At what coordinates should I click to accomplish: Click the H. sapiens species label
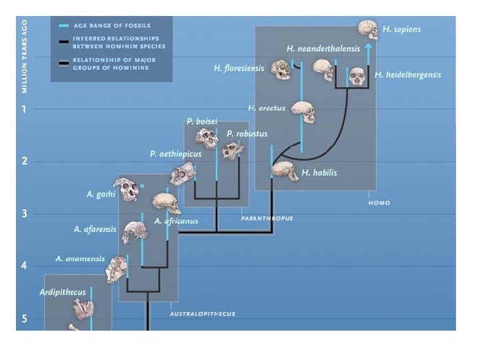tap(401, 29)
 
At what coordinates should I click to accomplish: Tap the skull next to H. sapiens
tap(367, 29)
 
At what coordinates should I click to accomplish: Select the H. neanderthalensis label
tap(323, 49)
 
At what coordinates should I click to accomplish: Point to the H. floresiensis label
tap(239, 68)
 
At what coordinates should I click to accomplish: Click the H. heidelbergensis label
tap(408, 75)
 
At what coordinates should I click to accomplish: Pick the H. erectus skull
tap(303, 111)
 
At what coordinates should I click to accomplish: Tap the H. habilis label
tap(319, 173)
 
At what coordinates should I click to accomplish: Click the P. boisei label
tap(199, 121)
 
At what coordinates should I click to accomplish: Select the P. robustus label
tap(247, 134)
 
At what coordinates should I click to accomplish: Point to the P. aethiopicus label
tap(175, 154)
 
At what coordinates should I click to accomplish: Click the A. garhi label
tap(101, 195)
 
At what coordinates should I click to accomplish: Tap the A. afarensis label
tap(95, 229)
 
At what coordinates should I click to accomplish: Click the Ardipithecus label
tap(63, 292)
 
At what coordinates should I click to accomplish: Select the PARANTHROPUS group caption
tap(267, 218)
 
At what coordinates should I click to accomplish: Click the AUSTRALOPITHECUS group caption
tap(202, 313)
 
